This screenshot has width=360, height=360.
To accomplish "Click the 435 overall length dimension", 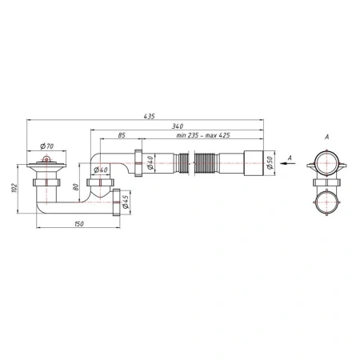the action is click(x=149, y=116).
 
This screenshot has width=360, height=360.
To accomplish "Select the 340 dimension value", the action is click(x=178, y=126).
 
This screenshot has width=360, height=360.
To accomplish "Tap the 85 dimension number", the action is click(x=122, y=135).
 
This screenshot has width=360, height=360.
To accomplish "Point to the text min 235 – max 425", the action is click(x=203, y=135).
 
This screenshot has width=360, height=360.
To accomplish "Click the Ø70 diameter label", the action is click(x=47, y=146).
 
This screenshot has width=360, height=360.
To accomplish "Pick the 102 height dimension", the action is click(x=14, y=188).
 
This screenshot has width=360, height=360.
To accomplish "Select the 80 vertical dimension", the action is click(x=76, y=186).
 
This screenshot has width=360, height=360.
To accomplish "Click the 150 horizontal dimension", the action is click(x=79, y=224).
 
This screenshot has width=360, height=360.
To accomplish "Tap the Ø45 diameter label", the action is click(x=126, y=202).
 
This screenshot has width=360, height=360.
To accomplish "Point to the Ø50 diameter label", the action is click(x=270, y=162).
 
